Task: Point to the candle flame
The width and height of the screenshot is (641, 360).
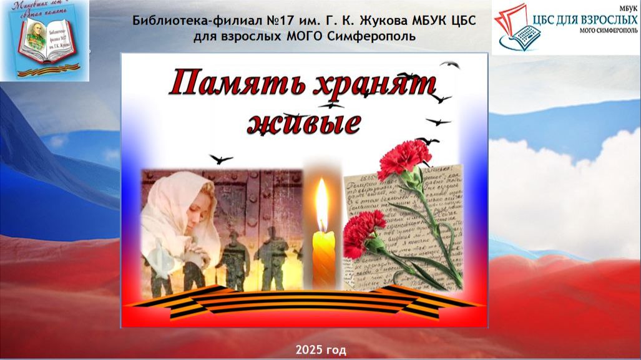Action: (x=322, y=203)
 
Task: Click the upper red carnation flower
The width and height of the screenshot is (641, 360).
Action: (x=404, y=158)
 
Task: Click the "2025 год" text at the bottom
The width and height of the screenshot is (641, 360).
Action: (x=321, y=349)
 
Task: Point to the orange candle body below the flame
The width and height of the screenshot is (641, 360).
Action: (x=323, y=256)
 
